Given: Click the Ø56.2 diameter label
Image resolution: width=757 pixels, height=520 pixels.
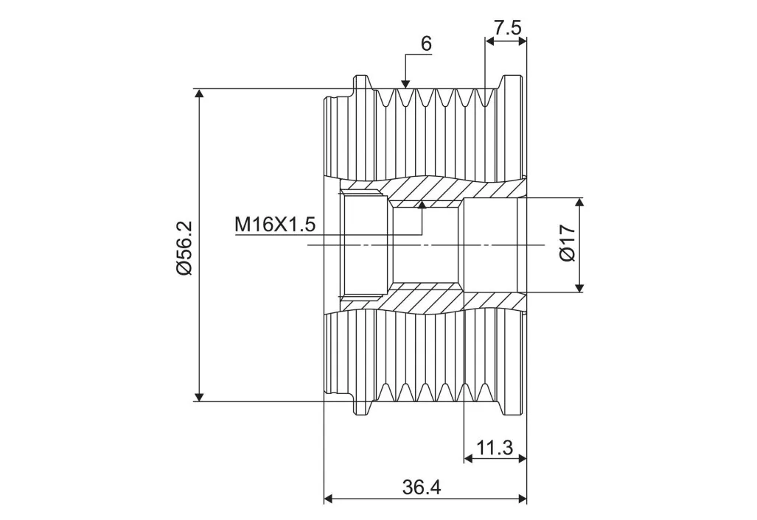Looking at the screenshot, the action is coord(184,248).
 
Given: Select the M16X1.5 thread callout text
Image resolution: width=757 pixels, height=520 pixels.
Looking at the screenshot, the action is coord(275,225).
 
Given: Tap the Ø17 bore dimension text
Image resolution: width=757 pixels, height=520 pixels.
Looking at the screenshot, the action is coord(568,243).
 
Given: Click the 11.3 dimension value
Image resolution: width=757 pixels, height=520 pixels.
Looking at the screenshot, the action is coord(495,448).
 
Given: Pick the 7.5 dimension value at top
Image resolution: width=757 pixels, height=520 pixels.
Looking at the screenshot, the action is coord(507,27).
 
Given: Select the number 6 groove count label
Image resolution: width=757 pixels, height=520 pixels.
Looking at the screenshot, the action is coord(426,44).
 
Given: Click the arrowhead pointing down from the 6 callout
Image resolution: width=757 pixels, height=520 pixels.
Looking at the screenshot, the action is coord(405,83).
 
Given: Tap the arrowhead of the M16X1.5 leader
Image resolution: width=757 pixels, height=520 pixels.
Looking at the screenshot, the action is coord(422,205).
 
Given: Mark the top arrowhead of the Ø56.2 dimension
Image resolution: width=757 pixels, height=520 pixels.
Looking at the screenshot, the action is coord(198,94).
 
